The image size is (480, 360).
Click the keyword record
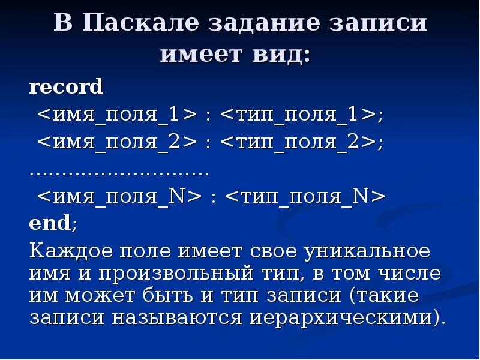coord(67,87)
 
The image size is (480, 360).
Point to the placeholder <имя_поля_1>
coord(118,115)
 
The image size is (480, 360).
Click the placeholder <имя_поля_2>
coord(118,143)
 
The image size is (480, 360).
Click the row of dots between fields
coord(119,171)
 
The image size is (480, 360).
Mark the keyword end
coord(50,224)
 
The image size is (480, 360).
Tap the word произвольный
coord(180,274)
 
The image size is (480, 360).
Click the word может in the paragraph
coord(97,295)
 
